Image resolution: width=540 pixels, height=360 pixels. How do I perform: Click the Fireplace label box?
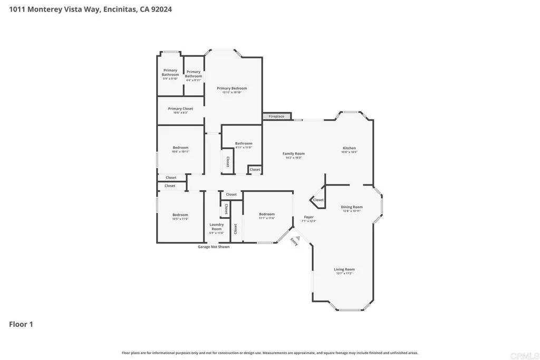(x=276, y=116)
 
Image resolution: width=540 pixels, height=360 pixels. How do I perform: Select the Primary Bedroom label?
(x=232, y=89)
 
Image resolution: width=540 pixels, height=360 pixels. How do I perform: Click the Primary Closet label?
(x=180, y=109)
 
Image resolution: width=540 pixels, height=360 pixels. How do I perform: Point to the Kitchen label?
(x=349, y=148)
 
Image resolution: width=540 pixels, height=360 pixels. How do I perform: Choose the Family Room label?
(x=294, y=153)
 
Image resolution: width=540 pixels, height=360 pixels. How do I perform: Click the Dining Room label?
(x=352, y=207)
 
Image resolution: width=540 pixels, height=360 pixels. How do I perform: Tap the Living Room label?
(x=344, y=269)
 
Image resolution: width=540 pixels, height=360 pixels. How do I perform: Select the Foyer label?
(x=308, y=217)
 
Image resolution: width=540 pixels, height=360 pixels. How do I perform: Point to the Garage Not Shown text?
(x=214, y=247)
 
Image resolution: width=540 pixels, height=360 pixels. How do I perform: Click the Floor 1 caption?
(x=21, y=324)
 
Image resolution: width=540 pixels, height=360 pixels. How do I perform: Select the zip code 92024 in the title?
(x=161, y=9)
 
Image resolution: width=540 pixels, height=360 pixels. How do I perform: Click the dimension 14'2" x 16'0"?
(x=294, y=158)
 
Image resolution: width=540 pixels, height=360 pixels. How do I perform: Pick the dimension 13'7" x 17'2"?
(x=344, y=274)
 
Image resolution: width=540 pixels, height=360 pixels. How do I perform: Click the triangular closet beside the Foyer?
(x=317, y=200)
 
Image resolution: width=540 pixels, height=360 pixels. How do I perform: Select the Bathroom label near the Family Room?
(x=244, y=143)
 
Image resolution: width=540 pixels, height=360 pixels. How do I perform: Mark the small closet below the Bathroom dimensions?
(x=255, y=170)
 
